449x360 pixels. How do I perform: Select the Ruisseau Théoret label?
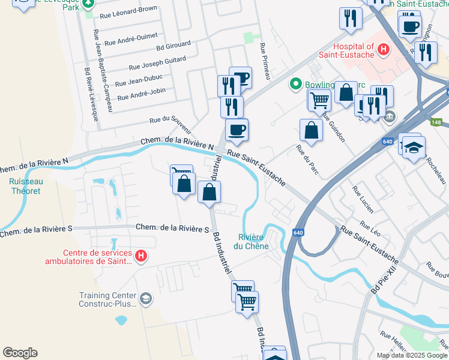(x=25, y=186)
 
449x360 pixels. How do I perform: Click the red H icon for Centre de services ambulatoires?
(x=140, y=257)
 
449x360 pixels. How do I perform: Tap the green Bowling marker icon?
(x=295, y=85)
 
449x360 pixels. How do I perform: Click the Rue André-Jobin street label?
(x=141, y=94)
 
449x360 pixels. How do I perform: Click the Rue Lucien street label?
(x=363, y=200)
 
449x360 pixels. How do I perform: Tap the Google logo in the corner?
(x=20, y=353)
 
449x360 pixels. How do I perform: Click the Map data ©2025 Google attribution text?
(x=411, y=355)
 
